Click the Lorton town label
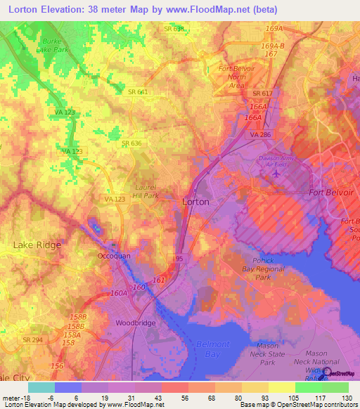click(195, 201)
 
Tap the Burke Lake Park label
click(52, 46)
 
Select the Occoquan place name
click(114, 257)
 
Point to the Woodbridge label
click(136, 323)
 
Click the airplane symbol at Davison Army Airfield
click(276, 172)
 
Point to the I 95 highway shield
click(179, 259)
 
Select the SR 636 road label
click(131, 143)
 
